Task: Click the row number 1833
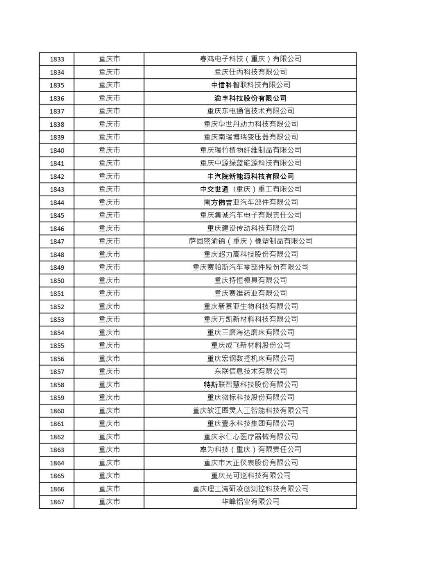pos(57,59)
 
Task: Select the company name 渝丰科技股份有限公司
pos(250,98)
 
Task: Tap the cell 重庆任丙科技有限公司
pos(250,72)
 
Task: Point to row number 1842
pos(57,177)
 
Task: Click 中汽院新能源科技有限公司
pos(250,177)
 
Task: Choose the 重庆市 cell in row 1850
pos(109,281)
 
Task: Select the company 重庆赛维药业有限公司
pos(250,293)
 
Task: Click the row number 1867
pos(57,502)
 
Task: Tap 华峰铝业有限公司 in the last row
pos(250,502)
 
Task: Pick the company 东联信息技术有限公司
pos(250,372)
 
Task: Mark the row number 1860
pos(57,411)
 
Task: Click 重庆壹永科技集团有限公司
pos(250,424)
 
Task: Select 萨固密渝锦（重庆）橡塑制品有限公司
pos(250,241)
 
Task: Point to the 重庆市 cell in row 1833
pos(109,59)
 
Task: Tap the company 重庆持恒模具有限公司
pos(250,281)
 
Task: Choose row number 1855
pos(57,346)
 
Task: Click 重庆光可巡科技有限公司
pos(250,476)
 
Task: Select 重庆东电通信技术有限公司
pos(250,111)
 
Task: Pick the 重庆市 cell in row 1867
pos(109,502)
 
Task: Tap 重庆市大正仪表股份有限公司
pos(250,463)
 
